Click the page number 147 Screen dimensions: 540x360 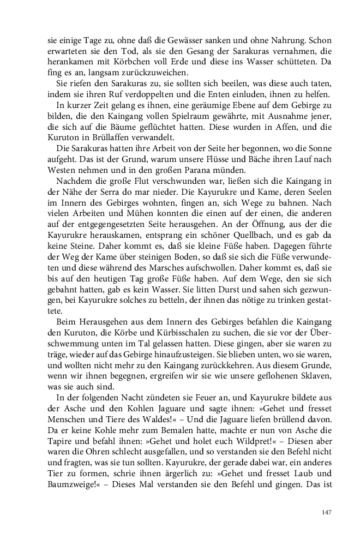pos(327,512)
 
